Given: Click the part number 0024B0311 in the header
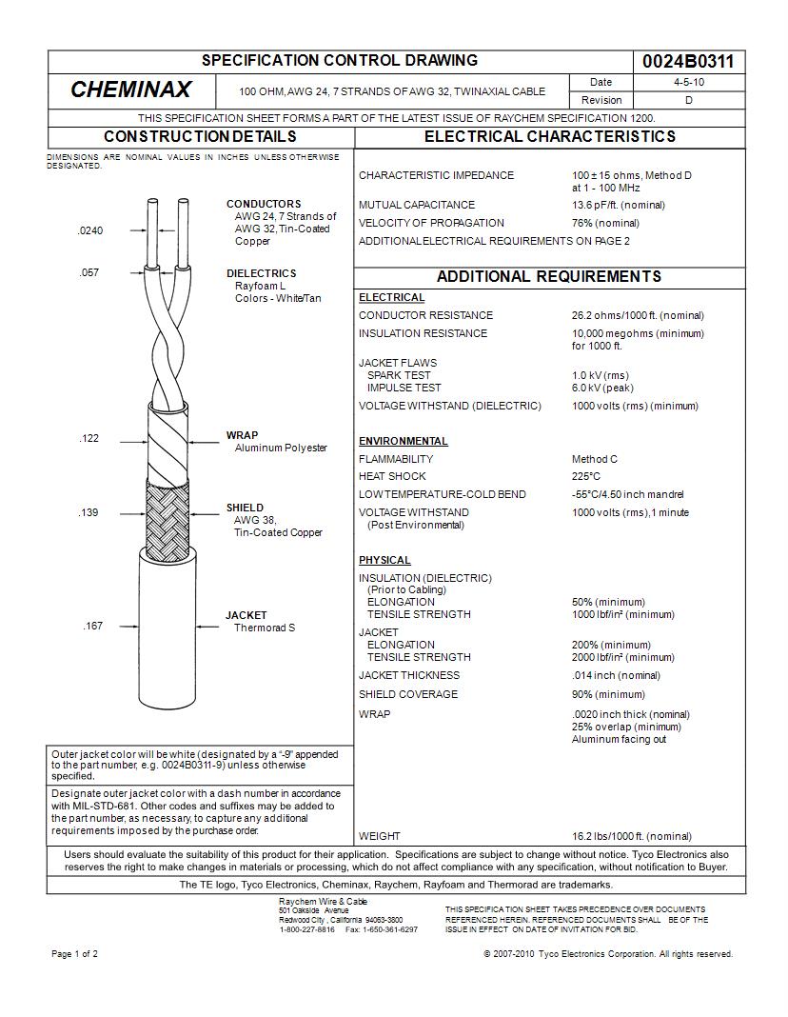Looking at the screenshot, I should click(x=688, y=62).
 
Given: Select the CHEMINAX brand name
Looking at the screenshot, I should click(x=130, y=90).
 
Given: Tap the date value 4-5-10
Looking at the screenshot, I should click(x=688, y=83).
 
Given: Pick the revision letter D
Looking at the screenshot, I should click(x=688, y=100).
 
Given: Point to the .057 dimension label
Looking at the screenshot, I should click(x=89, y=273).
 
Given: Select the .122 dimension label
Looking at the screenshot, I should click(x=89, y=439).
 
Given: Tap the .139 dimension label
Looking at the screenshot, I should click(x=89, y=513).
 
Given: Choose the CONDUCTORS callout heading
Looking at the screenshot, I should click(x=263, y=204).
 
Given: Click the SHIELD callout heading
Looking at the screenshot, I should click(x=245, y=508).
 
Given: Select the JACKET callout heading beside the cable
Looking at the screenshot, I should click(x=246, y=615).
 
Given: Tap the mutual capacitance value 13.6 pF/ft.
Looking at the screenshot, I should click(x=618, y=205).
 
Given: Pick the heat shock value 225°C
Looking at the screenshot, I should click(x=586, y=476).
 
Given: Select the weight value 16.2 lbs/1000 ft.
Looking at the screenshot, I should click(x=631, y=836).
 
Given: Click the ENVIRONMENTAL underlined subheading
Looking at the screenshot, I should click(x=403, y=441).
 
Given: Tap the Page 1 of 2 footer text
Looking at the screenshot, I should click(x=74, y=954).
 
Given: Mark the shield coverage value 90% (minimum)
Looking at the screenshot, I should click(x=607, y=694).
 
